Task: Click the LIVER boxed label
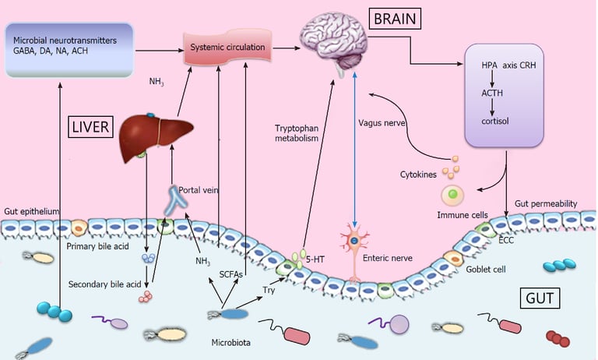click(91, 126)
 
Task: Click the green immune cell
click(451, 195)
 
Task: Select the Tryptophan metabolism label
click(299, 133)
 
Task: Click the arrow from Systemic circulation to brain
click(285, 47)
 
